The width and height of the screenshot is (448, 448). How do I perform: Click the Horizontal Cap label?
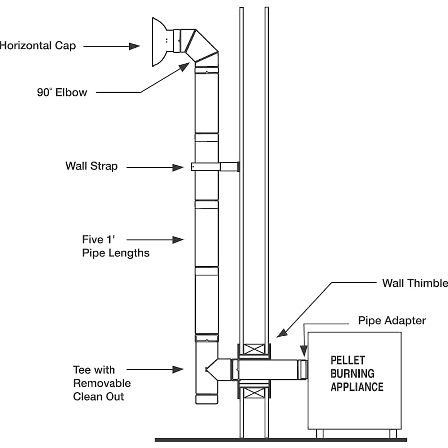pos(37,46)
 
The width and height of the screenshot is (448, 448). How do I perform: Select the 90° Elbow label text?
pos(62,92)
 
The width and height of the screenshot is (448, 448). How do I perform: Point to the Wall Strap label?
pos(92,166)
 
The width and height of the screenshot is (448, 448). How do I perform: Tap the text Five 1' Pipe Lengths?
pos(115,246)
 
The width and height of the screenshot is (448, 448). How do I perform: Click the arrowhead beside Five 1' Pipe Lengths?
pos(178,240)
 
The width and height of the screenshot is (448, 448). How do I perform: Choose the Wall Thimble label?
pos(415,283)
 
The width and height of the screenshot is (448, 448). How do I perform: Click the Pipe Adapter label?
pos(392,320)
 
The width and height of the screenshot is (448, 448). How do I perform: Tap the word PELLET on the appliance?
pos(348,360)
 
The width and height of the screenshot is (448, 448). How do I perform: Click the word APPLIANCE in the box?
pos(357,386)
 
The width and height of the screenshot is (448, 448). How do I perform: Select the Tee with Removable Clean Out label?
pos(102,383)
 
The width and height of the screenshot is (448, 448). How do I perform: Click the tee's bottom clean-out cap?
pos(206,399)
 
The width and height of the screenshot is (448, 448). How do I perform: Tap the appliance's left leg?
pos(319,434)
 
